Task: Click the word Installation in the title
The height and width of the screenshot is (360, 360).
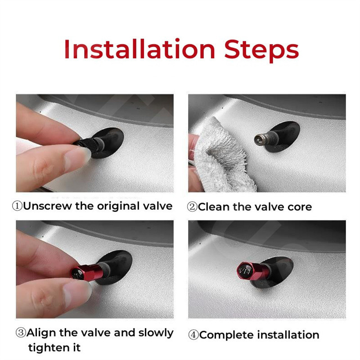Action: click(139, 49)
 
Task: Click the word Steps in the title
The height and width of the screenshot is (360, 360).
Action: click(261, 50)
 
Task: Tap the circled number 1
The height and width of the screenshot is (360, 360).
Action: click(17, 206)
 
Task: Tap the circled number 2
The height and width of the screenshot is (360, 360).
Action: click(192, 207)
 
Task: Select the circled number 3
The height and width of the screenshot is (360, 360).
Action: click(21, 333)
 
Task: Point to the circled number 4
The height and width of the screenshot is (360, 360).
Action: click(193, 335)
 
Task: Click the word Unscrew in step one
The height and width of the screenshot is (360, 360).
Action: click(48, 206)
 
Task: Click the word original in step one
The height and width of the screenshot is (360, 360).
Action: click(118, 207)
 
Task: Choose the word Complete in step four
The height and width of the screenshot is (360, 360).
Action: click(227, 335)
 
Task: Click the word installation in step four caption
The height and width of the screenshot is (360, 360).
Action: click(288, 335)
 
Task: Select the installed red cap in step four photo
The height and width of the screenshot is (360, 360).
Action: click(252, 271)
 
